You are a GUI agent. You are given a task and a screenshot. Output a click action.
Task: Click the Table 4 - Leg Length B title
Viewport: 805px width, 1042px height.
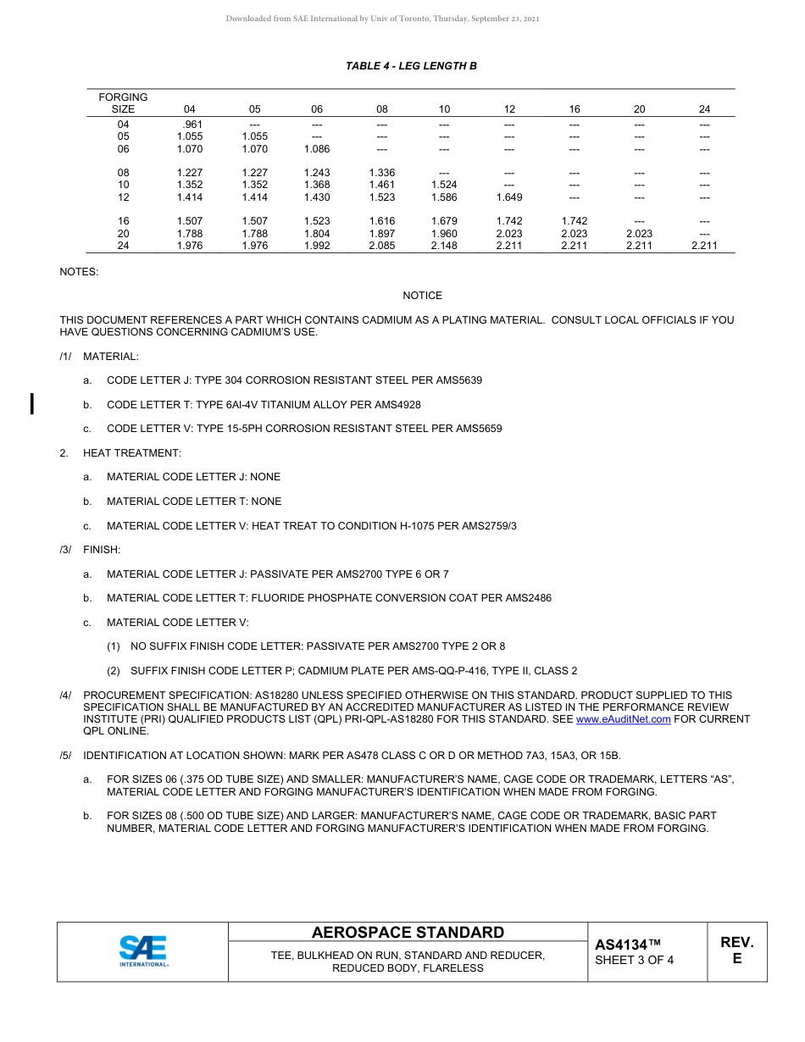coord(411,66)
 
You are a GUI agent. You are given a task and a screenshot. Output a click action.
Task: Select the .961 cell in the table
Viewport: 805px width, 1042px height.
coord(192,125)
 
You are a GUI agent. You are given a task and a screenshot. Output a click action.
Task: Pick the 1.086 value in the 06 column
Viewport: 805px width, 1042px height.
coord(317,148)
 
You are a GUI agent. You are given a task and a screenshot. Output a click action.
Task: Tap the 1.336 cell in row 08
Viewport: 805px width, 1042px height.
coord(382,173)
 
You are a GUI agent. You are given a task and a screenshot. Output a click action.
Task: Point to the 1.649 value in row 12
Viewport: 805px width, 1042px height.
coord(509,197)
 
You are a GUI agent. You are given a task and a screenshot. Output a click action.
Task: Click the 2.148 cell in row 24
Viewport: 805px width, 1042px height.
coord(444,246)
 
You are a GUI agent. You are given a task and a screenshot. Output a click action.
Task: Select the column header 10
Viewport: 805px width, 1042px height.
coord(444,109)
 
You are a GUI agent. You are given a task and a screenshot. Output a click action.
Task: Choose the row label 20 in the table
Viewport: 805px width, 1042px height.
coord(123,234)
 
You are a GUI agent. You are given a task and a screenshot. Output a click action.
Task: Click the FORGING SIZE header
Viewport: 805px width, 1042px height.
coord(123,103)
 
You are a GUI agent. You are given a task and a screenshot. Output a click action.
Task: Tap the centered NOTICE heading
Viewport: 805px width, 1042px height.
coord(422,296)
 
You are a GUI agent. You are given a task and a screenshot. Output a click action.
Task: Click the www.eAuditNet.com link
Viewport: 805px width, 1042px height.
coord(623,719)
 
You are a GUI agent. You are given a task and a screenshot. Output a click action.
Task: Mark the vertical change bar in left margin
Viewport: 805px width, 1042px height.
coord(32,404)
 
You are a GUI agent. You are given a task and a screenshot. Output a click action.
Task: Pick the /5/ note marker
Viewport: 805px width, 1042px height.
coord(66,756)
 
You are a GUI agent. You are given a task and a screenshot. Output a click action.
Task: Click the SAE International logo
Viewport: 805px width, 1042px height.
coord(143,951)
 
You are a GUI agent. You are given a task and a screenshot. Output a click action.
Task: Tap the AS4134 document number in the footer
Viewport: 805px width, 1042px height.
coord(627,945)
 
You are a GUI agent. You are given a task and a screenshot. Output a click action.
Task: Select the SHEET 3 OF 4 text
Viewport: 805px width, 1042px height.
coord(635,960)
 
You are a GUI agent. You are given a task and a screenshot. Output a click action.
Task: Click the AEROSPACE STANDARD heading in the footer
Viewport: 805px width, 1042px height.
coord(408,933)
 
